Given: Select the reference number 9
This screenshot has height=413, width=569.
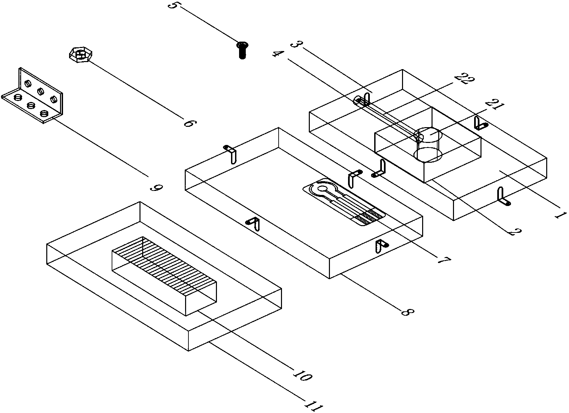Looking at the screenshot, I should tap(156, 187).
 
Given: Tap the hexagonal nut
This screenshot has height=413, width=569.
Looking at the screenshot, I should tap(80, 55).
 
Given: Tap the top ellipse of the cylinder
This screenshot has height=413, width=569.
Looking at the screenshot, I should tap(428, 135).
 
